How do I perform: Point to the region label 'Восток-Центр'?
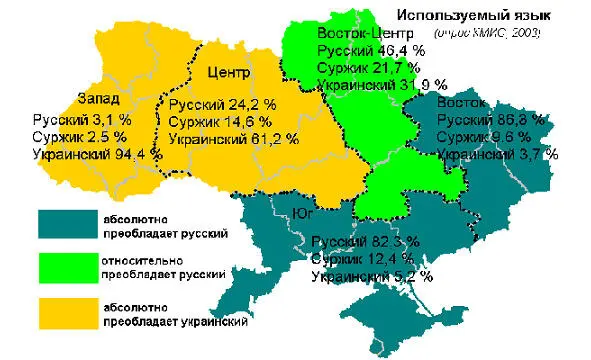click(358, 32)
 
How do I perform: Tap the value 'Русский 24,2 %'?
click(221, 105)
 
